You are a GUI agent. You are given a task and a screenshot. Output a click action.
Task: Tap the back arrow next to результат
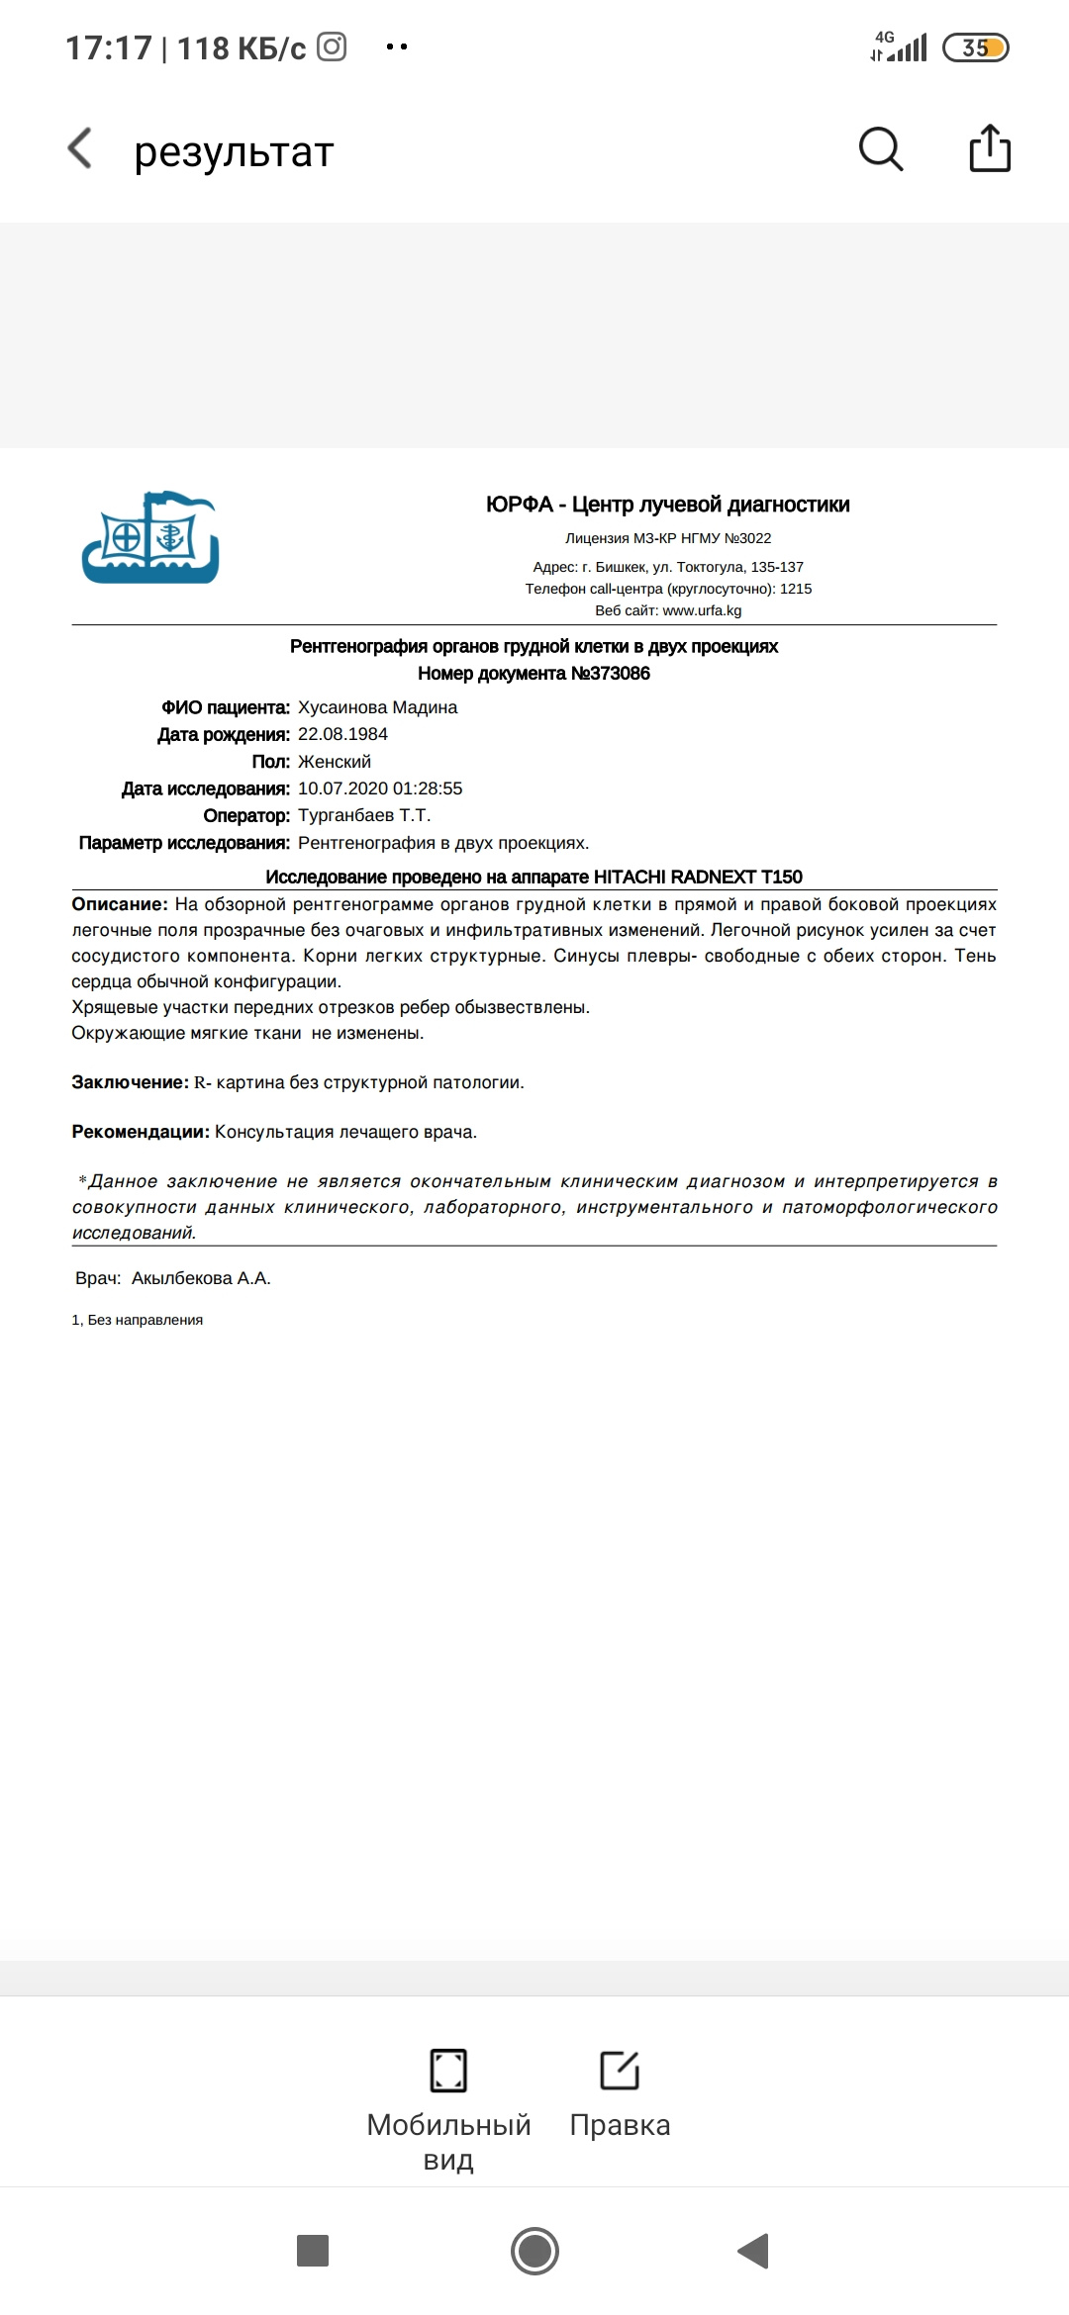point(80,149)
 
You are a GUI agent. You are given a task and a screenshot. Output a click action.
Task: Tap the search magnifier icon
point(880,149)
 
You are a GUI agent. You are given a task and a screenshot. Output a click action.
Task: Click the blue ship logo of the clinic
point(150,537)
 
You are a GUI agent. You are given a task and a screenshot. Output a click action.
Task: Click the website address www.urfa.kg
point(702,610)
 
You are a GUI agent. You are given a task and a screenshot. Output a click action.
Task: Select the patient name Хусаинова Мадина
point(377,707)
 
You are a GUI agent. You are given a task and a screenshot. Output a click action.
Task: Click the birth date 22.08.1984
point(342,734)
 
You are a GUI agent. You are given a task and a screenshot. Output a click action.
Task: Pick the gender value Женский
point(334,762)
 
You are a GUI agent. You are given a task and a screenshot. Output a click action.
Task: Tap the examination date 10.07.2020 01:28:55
point(380,788)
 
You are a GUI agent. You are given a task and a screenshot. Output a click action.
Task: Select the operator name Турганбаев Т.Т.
point(364,815)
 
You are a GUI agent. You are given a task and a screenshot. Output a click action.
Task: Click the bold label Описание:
point(120,904)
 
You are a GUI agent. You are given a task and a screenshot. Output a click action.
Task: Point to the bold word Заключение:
point(130,1082)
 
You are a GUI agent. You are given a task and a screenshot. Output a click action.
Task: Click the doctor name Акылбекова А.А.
point(201,1278)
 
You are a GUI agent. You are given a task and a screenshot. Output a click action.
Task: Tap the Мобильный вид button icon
point(448,2070)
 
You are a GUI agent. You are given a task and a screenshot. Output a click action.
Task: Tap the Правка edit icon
point(620,2070)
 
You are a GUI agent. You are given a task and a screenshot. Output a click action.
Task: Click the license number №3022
point(748,538)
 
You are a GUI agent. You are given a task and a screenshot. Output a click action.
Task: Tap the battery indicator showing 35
point(975,47)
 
